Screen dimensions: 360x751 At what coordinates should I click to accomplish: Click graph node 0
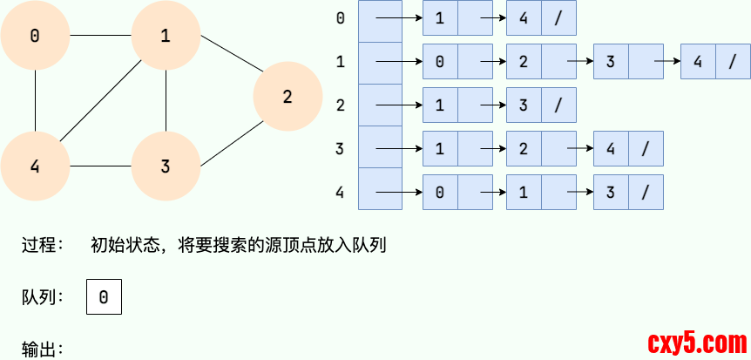(35, 36)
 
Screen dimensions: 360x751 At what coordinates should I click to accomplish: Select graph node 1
(166, 36)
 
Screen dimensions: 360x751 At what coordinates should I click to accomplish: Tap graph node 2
(288, 97)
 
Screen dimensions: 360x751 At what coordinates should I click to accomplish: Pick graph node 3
(166, 166)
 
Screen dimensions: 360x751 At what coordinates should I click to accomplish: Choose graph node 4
(35, 166)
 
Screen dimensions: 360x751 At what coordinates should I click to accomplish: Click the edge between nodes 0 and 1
(100, 36)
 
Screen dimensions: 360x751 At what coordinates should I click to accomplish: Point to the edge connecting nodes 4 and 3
(100, 166)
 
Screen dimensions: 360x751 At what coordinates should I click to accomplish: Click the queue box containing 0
(104, 297)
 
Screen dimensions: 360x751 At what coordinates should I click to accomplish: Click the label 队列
(42, 297)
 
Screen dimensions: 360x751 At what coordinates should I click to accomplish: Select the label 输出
(42, 350)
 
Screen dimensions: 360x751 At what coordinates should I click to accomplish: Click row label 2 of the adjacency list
(340, 105)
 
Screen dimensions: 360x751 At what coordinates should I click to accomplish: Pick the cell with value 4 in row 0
(524, 18)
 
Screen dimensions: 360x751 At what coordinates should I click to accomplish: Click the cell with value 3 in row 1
(611, 62)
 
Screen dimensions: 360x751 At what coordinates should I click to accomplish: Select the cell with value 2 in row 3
(524, 149)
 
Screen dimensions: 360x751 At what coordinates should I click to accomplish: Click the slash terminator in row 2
(558, 105)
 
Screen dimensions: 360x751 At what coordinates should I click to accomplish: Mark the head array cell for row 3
(380, 149)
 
